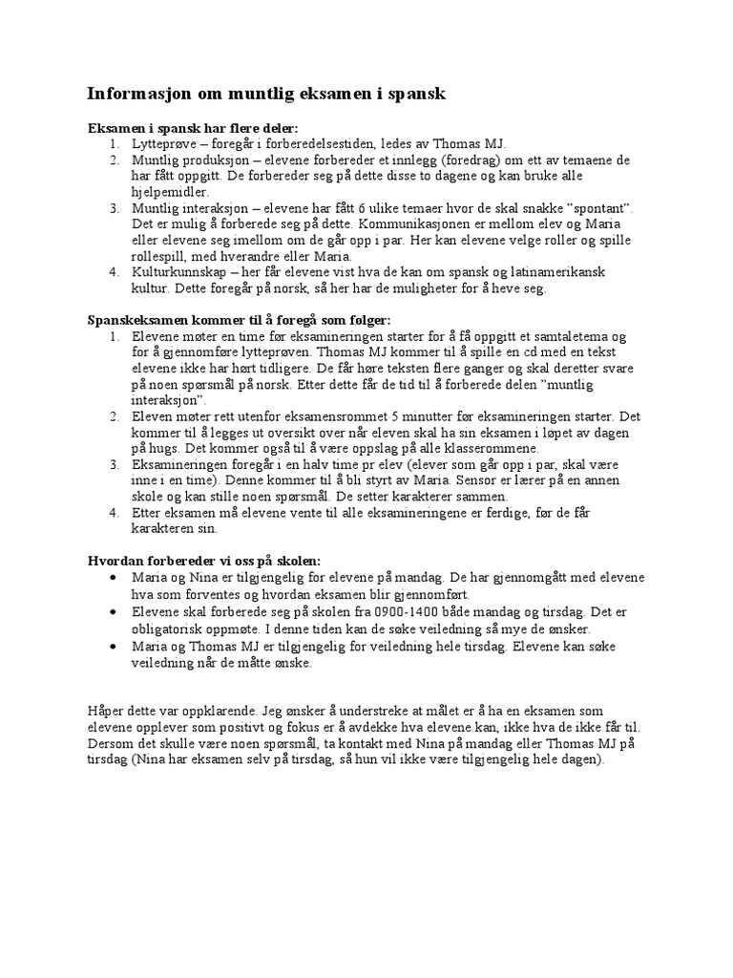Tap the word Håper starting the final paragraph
tap(106, 712)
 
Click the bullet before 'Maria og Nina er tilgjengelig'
tap(115, 579)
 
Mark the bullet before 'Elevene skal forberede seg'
tap(115, 613)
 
